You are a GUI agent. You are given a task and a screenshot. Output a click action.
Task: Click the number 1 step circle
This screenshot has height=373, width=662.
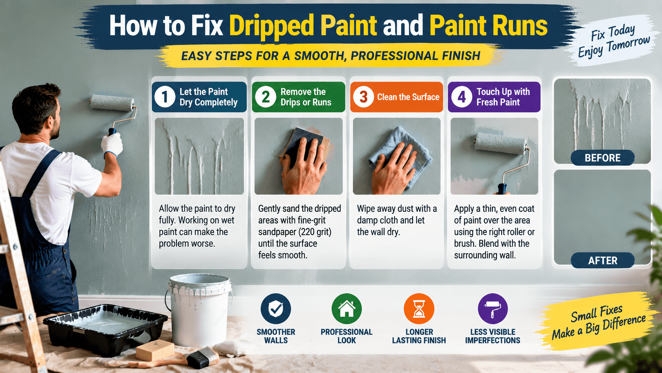165,97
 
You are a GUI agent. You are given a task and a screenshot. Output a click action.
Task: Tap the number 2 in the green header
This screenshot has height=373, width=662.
265,97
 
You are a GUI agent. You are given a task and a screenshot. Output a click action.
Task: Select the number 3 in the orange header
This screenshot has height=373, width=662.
363,97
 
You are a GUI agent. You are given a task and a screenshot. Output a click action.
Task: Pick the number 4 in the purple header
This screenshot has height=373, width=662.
461,97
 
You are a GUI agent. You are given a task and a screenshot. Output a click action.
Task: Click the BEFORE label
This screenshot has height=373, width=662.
603,158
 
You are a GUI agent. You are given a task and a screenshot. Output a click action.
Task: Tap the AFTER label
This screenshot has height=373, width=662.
603,260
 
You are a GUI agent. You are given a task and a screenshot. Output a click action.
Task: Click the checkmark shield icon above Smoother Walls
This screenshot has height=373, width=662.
276,308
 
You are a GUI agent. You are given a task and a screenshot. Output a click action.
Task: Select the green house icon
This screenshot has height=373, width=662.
347,308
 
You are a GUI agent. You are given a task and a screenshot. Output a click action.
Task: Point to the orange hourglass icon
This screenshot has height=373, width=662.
419,308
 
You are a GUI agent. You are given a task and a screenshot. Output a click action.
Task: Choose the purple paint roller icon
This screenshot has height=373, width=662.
493,308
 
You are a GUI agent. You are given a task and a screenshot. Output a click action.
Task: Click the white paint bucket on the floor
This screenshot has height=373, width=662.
199,309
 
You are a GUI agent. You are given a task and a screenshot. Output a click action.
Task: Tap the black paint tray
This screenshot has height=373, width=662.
105,328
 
